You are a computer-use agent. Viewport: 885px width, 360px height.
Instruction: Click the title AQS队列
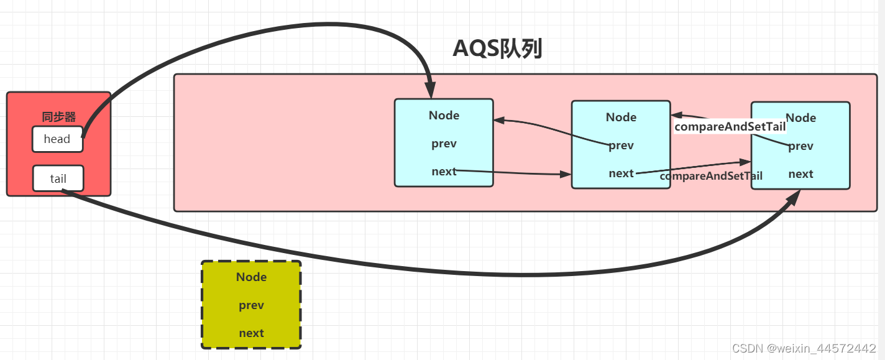point(498,48)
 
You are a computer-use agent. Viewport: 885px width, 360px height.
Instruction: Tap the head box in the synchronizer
point(57,139)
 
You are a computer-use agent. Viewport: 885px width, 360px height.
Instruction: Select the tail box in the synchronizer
point(58,179)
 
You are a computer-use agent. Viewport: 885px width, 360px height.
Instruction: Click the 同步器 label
point(58,117)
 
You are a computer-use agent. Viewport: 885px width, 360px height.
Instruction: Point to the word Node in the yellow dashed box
point(251,277)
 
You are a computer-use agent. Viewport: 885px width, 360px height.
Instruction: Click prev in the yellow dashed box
point(251,305)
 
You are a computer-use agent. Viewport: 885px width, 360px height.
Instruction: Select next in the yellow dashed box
point(251,333)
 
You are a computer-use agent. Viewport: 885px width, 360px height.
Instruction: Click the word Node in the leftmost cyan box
point(444,116)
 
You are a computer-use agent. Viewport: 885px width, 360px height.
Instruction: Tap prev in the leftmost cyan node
point(444,144)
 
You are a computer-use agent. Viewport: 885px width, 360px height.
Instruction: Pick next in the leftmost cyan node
point(444,172)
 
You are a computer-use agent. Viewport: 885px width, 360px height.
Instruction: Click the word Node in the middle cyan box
point(621,118)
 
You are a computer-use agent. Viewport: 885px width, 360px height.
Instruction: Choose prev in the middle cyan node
point(621,145)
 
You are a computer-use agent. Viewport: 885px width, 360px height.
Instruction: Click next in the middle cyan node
point(621,173)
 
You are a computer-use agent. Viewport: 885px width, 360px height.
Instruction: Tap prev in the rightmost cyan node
point(800,146)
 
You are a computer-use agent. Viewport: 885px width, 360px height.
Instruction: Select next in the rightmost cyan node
point(800,174)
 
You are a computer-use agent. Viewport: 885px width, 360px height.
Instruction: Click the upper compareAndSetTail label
point(730,127)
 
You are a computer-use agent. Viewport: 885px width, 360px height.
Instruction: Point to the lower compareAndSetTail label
point(711,176)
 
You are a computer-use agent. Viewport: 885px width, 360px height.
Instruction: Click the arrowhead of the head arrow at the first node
point(429,91)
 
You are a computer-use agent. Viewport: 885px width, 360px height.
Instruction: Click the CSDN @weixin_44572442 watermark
point(804,348)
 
